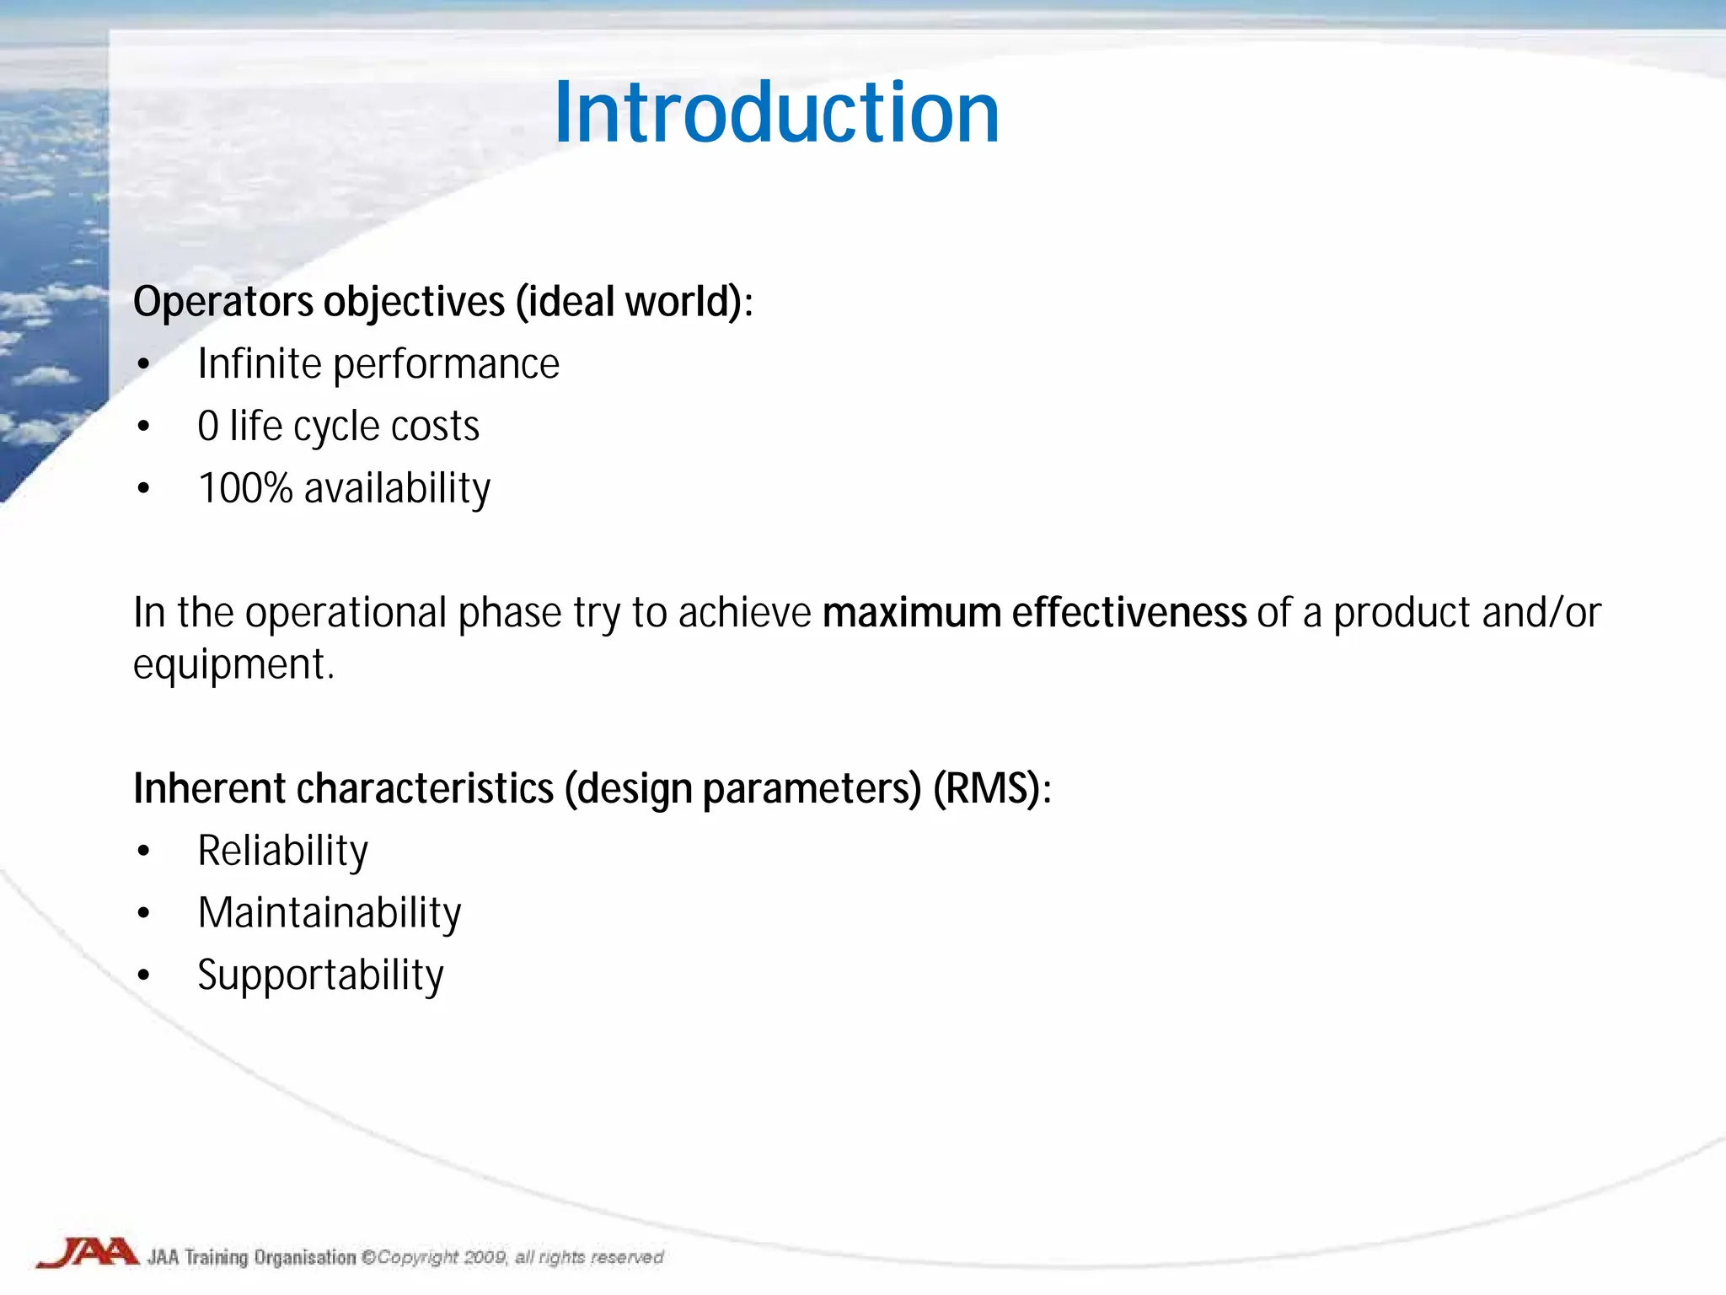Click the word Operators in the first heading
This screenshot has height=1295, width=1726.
(x=223, y=302)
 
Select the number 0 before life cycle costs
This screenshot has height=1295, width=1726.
(x=207, y=427)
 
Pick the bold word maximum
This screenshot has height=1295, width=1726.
(x=911, y=613)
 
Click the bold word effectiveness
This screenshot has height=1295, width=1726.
(x=1128, y=613)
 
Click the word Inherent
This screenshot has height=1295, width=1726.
(x=210, y=789)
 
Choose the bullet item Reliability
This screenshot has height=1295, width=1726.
(x=282, y=852)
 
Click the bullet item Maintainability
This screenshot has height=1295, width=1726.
(x=330, y=913)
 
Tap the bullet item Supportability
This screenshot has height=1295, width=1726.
(x=320, y=976)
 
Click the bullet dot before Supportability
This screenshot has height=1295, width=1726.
(x=144, y=976)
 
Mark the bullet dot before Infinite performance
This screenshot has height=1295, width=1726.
(x=144, y=364)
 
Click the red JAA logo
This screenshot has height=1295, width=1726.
(x=88, y=1253)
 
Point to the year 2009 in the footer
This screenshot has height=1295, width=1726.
(x=485, y=1257)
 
